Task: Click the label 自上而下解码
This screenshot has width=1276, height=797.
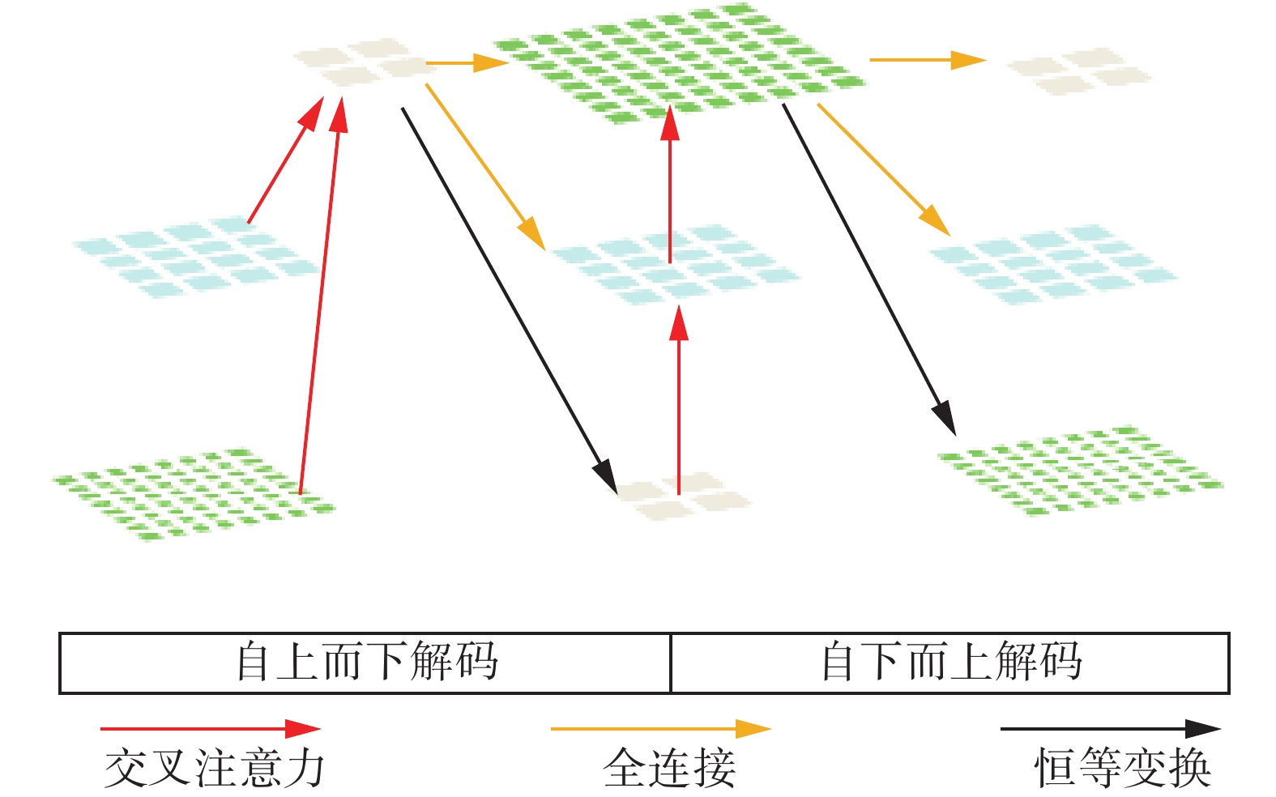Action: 366,663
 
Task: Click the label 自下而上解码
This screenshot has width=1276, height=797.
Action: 951,663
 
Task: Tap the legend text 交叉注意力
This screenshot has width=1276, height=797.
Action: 215,768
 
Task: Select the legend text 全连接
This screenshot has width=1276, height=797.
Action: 669,768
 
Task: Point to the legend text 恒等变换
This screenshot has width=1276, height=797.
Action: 1123,768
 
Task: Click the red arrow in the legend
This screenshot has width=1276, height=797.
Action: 211,729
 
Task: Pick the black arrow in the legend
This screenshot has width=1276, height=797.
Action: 1110,729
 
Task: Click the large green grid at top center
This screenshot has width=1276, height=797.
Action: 679,63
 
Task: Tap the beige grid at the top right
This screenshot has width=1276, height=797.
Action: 1079,70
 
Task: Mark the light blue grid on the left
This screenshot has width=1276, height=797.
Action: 194,257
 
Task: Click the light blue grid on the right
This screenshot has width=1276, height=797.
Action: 1053,263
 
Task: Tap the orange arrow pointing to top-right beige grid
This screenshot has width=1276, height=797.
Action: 928,60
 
